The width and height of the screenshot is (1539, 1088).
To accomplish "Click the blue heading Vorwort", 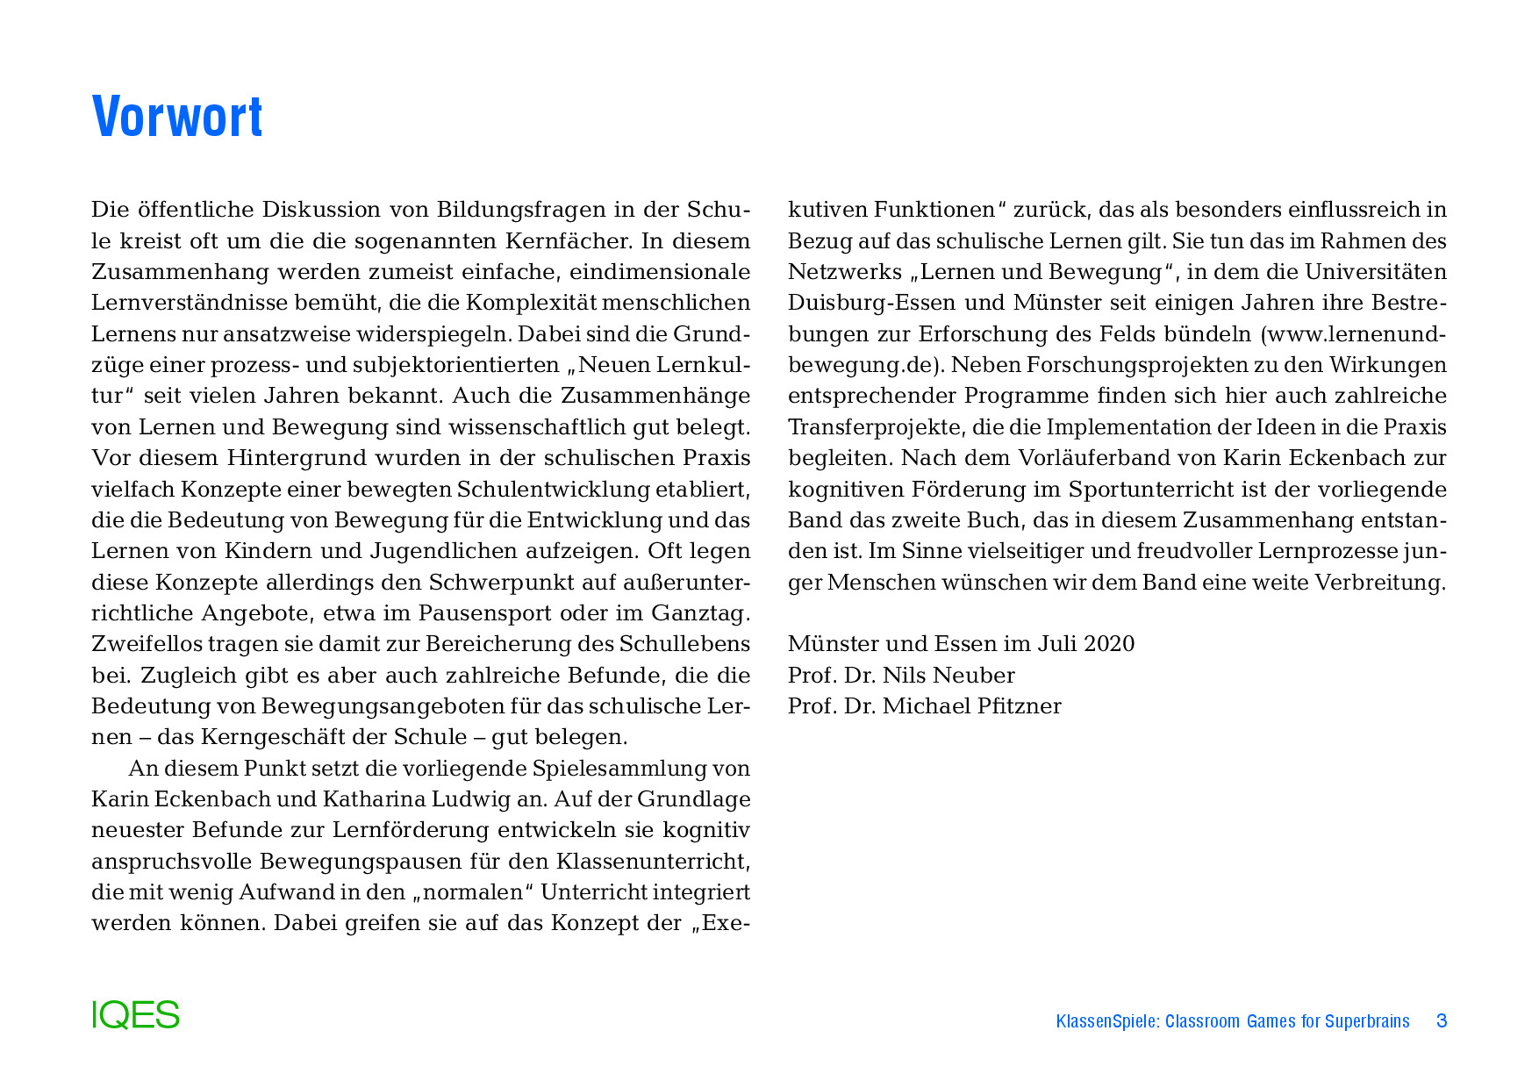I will coord(177,117).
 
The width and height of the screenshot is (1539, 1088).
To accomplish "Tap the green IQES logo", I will coord(135,1015).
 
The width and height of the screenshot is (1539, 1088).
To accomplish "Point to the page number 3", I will coord(1441,1021).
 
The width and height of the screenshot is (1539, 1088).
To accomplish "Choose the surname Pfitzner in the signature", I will coord(1018,706).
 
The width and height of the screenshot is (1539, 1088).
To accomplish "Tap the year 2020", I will coord(1109,644).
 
